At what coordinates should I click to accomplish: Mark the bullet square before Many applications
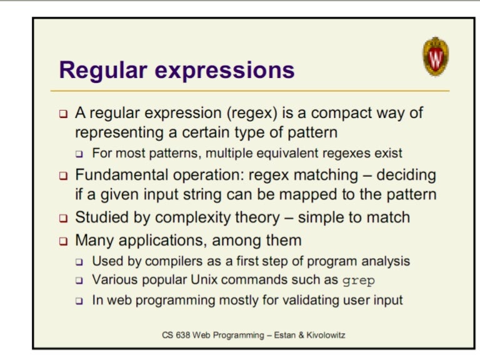coord(63,240)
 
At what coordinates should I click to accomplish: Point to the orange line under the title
coord(250,91)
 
